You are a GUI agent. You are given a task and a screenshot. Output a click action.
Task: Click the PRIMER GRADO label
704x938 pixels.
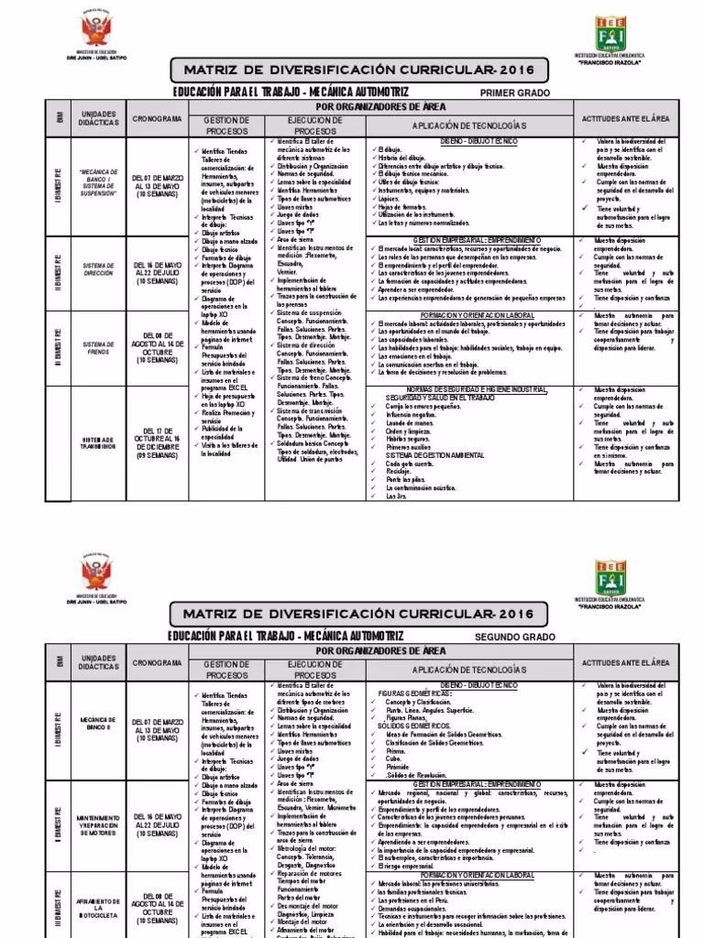pos(515,93)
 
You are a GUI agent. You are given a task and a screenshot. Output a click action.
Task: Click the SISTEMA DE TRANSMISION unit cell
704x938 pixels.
pos(97,444)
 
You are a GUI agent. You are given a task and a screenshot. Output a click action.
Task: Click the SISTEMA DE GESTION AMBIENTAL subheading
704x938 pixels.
pos(432,454)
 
